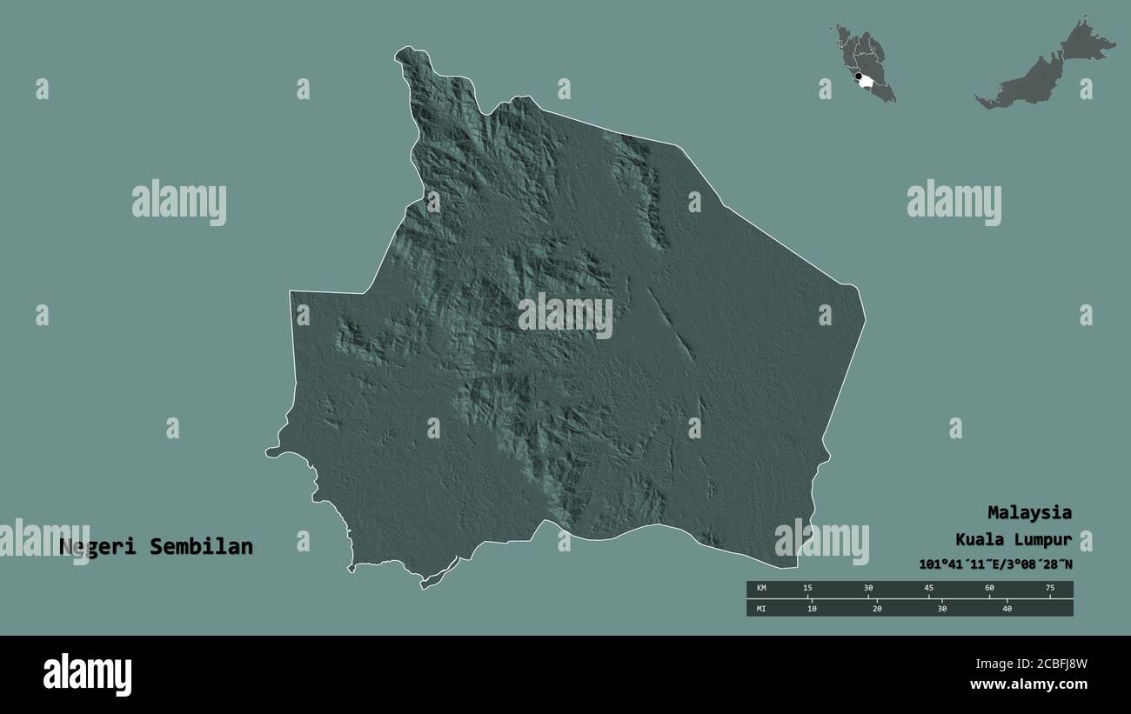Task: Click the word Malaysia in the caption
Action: point(1029,512)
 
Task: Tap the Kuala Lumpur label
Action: point(1014,539)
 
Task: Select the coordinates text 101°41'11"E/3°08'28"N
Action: point(995,564)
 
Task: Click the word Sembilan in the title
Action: point(201,547)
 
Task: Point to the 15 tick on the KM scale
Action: point(808,589)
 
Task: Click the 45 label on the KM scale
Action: point(929,589)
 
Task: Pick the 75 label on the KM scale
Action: point(1049,589)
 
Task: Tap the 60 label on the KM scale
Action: point(989,589)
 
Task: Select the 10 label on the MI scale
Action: point(812,609)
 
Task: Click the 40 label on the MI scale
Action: point(1007,609)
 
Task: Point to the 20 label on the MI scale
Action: point(877,609)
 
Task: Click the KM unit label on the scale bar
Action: point(761,589)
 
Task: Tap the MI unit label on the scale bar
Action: point(761,609)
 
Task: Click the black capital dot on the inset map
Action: point(859,77)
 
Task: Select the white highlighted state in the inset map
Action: point(867,83)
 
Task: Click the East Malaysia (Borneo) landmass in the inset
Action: point(1044,70)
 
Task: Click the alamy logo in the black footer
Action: point(87,675)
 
